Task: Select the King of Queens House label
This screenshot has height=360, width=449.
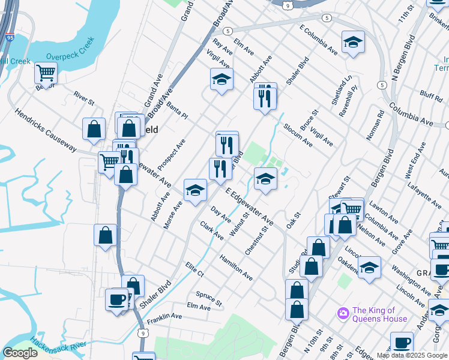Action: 379,314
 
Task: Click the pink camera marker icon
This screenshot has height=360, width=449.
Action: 343,313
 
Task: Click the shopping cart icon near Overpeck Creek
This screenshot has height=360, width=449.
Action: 46,73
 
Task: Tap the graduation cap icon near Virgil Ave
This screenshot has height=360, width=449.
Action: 221,79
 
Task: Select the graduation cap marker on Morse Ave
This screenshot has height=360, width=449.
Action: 194,190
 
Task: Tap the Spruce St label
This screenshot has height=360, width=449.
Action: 208,297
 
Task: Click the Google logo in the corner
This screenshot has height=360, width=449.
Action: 20,353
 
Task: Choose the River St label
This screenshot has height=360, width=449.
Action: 84,98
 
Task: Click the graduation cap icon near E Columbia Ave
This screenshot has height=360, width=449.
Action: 353,42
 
